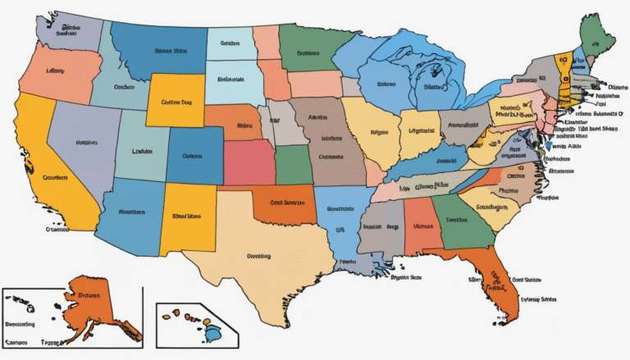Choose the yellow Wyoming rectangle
point(176,102)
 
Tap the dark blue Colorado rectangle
point(194,155)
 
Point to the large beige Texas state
point(254,254)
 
